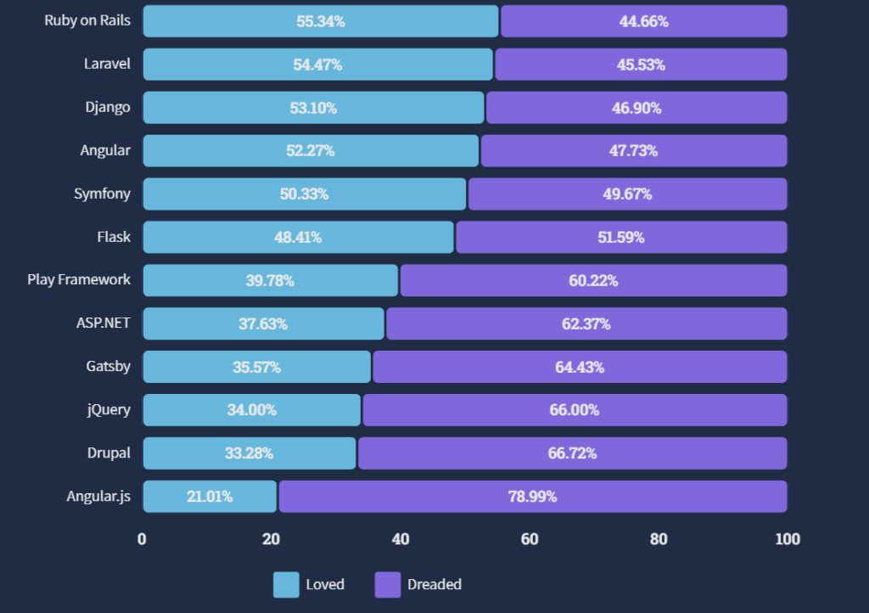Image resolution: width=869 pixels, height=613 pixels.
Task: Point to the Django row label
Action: coord(108,107)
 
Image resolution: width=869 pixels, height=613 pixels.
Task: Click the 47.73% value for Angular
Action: coord(634,151)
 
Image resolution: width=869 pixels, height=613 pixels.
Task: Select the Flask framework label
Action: coord(114,237)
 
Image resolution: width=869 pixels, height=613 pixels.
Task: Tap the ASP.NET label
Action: coord(104,323)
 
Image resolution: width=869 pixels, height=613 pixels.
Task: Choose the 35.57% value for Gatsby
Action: coord(256,368)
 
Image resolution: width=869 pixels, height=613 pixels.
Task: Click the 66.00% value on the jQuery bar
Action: coord(574,410)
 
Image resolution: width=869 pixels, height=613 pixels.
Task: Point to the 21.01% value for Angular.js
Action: coord(210,497)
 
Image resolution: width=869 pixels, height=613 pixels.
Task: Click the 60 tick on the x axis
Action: coord(530,539)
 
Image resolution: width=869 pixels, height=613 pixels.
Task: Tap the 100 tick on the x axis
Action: coord(787,539)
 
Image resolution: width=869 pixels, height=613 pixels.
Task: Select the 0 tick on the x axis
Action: coord(143,539)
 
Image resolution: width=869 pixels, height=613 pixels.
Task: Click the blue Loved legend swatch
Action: coord(286,584)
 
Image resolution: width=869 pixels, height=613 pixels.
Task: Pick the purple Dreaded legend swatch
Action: coord(387,584)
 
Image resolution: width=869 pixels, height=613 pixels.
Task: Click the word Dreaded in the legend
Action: coord(434,584)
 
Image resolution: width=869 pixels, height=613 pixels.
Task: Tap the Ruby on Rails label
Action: coord(87,20)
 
